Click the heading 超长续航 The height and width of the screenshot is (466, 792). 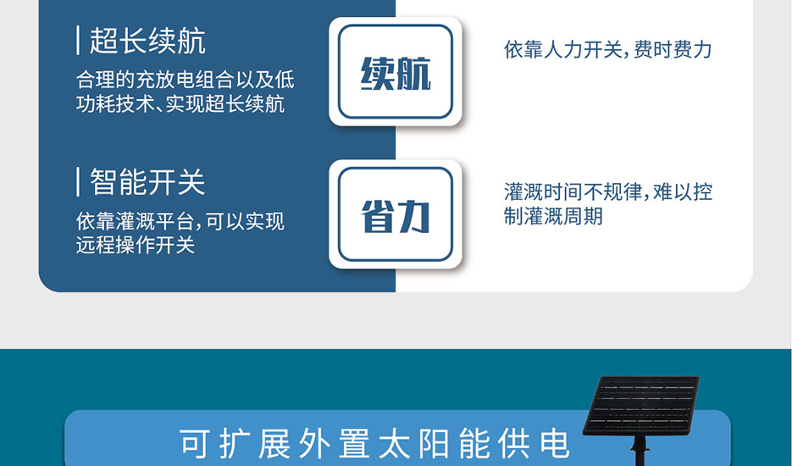147,41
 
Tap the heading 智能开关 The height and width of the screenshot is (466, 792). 147,182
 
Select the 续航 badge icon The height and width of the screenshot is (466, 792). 396,72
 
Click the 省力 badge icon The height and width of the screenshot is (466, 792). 396,214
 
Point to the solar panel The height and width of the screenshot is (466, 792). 641,406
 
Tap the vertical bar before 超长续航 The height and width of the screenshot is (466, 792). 78,41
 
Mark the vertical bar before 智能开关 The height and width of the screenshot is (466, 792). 78,182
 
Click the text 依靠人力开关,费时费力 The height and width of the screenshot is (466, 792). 607,49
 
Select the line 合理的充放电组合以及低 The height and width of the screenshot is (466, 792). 186,80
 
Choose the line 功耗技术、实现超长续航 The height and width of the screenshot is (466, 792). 180,103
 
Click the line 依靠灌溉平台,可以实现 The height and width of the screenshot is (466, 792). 180,221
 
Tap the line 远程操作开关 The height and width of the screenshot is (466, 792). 136,245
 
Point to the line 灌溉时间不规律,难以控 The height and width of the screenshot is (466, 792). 608,192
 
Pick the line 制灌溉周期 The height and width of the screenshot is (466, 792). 553,216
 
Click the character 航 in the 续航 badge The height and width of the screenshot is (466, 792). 413,73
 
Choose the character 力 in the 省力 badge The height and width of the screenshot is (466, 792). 413,216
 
